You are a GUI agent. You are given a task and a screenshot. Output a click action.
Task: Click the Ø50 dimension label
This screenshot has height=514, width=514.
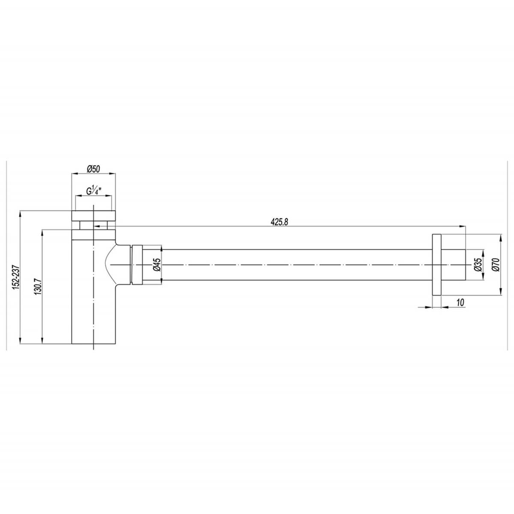[93, 169]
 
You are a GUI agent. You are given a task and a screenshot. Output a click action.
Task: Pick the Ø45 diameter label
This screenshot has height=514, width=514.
[156, 265]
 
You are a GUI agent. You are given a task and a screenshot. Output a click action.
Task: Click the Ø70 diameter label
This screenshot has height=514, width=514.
[496, 265]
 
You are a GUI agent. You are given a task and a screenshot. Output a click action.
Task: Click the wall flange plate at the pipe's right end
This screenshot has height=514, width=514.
[436, 265]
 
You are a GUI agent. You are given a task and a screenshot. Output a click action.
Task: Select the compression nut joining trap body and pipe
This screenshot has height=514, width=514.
[137, 264]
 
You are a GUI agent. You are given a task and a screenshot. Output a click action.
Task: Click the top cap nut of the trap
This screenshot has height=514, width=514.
[93, 215]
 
